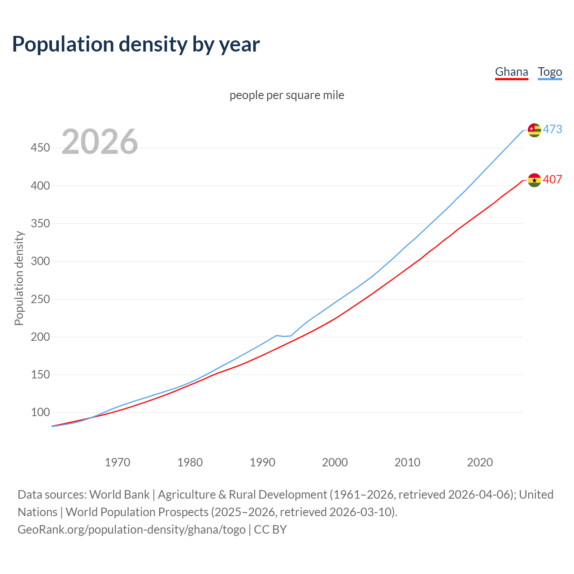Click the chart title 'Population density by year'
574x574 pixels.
(136, 44)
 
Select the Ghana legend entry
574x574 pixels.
(511, 72)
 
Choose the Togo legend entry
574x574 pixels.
(550, 72)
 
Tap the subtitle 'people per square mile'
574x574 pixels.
(287, 96)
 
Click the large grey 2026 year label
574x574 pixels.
(100, 142)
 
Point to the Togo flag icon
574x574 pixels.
(534, 130)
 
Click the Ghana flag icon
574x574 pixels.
(534, 180)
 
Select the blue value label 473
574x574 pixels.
(552, 129)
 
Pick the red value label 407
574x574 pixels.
(552, 179)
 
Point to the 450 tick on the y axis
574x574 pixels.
(40, 148)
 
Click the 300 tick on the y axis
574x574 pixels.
(40, 261)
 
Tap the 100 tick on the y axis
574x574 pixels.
(40, 412)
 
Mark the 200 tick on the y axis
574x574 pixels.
(40, 337)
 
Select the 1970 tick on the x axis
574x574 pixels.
(117, 462)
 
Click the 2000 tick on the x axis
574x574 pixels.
(335, 462)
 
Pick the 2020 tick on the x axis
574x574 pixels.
(480, 462)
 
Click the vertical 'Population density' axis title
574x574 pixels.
(19, 278)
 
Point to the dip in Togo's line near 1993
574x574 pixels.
(284, 336)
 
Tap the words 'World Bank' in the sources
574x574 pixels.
(119, 495)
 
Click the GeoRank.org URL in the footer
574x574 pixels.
(131, 530)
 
